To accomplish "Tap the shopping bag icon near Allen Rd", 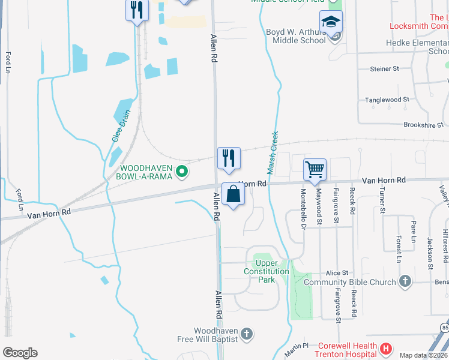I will pyautogui.click(x=233, y=194).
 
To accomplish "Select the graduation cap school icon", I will pyautogui.click(x=330, y=23).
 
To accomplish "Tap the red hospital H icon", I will pyautogui.click(x=386, y=348).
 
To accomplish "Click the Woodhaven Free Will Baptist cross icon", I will pyautogui.click(x=246, y=334).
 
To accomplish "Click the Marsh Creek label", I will pyautogui.click(x=272, y=153).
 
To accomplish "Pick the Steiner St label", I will pyautogui.click(x=385, y=69).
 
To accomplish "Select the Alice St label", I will pyautogui.click(x=337, y=273).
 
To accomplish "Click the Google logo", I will pyautogui.click(x=20, y=353).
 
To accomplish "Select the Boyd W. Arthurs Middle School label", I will pyautogui.click(x=298, y=36).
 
